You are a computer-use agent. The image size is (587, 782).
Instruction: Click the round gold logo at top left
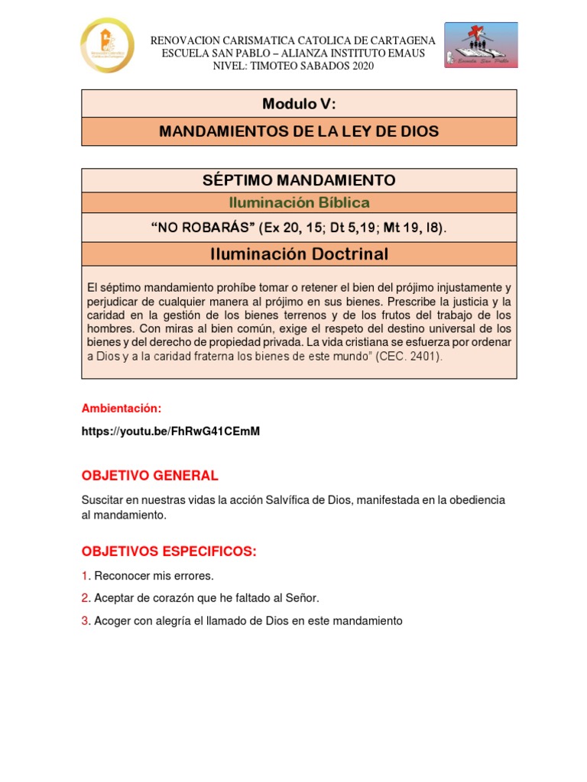tap(108, 46)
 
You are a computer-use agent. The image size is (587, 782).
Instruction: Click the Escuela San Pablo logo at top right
tap(481, 45)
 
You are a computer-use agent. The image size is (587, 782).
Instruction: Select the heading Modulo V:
tap(299, 103)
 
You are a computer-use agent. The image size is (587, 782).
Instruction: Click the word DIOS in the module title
tap(419, 131)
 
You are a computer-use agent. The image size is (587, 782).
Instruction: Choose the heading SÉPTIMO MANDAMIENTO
tap(299, 180)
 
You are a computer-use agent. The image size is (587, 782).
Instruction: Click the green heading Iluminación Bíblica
tap(299, 203)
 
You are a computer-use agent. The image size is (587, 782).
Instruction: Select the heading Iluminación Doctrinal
tap(299, 254)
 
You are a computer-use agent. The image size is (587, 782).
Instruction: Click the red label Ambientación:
tap(122, 409)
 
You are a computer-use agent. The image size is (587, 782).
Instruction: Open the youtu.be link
tap(170, 431)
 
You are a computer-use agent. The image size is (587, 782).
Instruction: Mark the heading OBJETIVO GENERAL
tap(150, 476)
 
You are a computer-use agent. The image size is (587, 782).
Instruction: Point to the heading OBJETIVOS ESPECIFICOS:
tap(169, 551)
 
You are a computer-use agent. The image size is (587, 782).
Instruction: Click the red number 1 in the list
tap(85, 575)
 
